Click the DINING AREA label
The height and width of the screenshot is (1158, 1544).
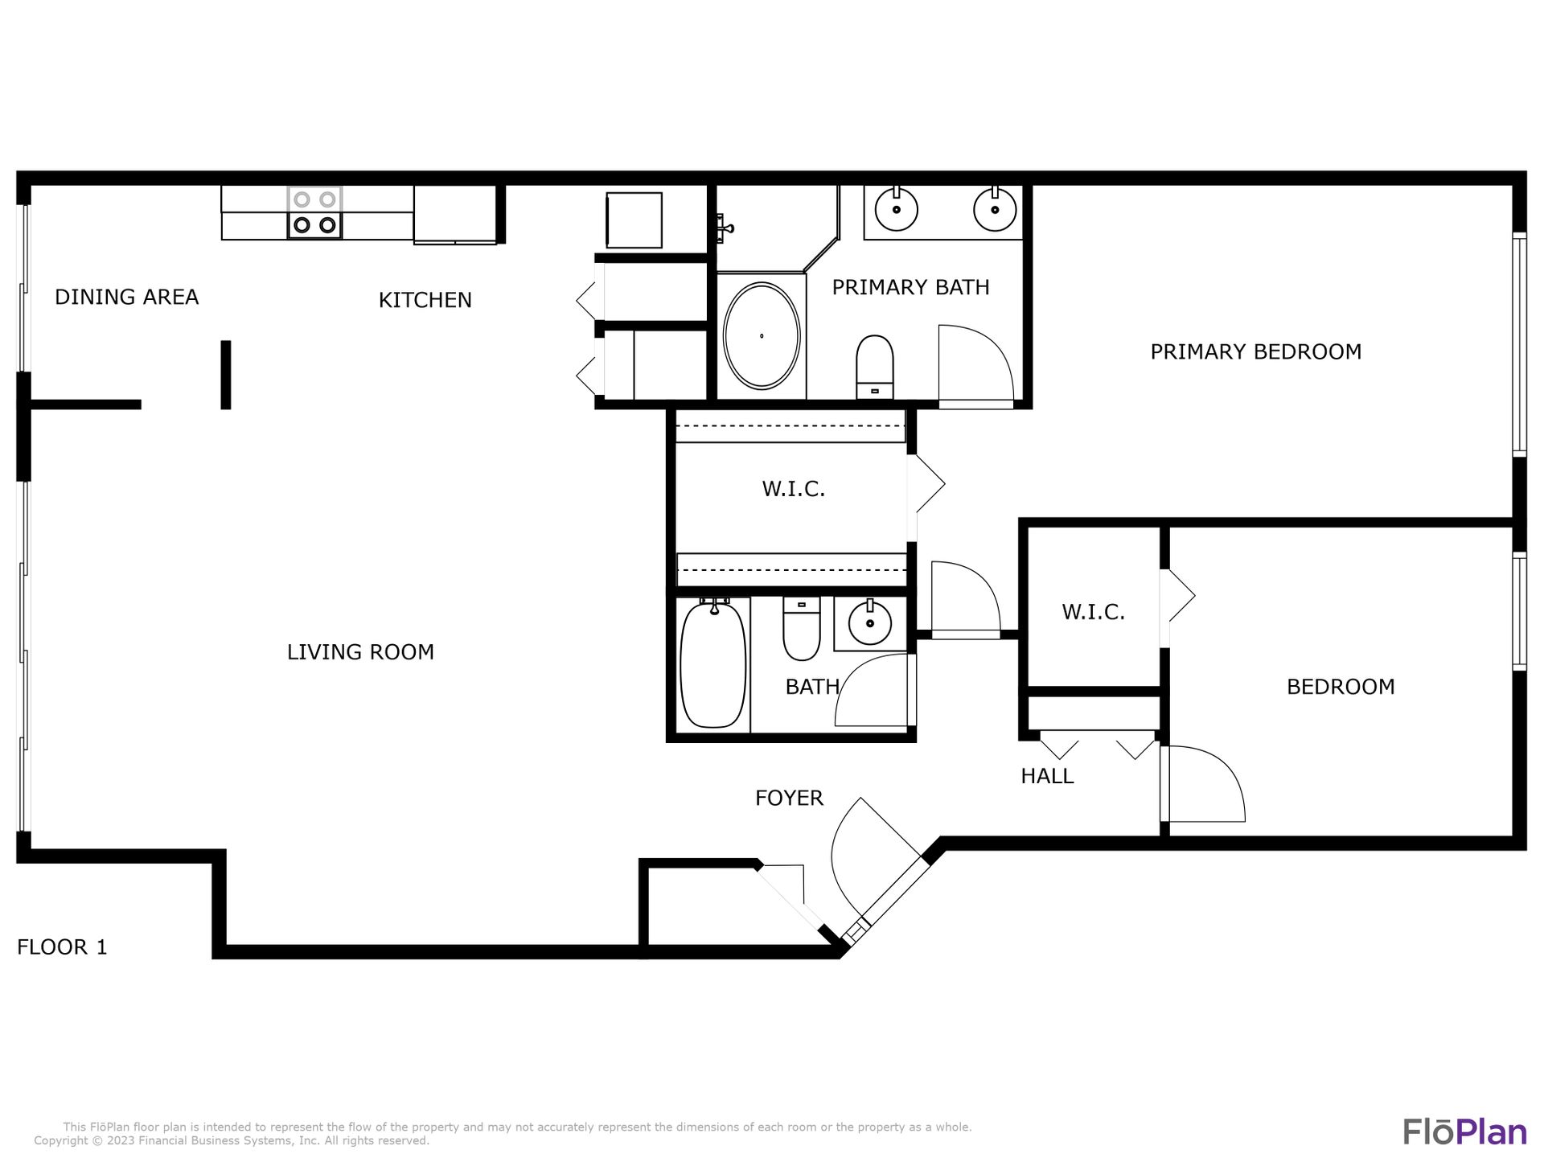coord(126,297)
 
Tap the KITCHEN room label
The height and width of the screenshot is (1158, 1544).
coord(425,300)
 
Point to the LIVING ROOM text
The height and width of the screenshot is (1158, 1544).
coord(360,651)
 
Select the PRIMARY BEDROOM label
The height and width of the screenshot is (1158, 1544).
coord(1255,351)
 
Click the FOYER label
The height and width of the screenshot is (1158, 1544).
coord(789,798)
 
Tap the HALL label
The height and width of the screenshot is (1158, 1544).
coord(1047,776)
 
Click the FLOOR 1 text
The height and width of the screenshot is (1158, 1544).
coord(62,947)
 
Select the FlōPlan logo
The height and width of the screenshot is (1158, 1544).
coord(1464,1131)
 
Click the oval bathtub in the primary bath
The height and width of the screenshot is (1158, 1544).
coord(762,336)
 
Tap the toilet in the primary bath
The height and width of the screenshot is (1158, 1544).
coord(875,367)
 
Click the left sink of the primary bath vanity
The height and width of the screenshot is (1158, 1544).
coord(896,209)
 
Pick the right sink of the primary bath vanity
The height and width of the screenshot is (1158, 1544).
coord(995,209)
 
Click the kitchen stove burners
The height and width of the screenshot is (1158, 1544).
coord(314,212)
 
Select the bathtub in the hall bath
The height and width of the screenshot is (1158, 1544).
coord(713,664)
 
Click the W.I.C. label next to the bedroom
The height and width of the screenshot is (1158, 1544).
coord(1093,612)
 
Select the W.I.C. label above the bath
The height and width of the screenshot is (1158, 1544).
coord(794,489)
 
